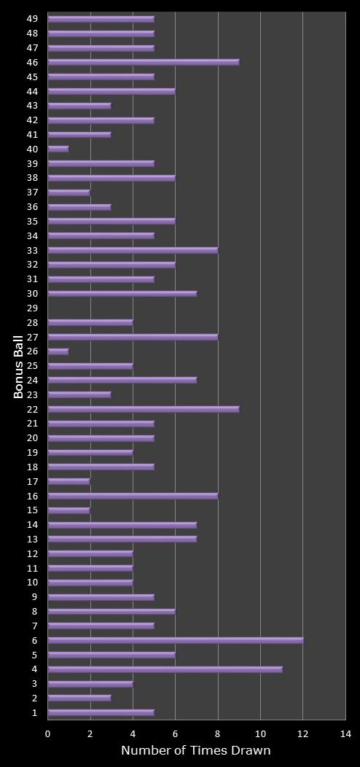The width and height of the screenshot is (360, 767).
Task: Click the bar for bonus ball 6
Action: [x=175, y=640]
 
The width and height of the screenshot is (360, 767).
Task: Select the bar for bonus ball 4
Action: [x=165, y=669]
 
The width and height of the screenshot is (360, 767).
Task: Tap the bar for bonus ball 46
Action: [x=144, y=62]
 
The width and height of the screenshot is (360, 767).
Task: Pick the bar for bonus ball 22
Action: [x=144, y=409]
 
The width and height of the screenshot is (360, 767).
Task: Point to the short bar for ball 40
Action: [x=58, y=149]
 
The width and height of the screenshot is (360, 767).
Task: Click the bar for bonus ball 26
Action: [x=58, y=351]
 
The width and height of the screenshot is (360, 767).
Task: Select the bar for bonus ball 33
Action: [x=133, y=250]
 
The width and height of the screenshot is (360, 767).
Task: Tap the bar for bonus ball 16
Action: [x=133, y=496]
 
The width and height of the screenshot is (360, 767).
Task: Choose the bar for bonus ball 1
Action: [x=101, y=712]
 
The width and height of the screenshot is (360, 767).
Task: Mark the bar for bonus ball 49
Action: [x=101, y=19]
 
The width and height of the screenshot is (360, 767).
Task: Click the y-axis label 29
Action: [x=33, y=308]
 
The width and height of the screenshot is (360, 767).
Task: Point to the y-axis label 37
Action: [x=33, y=192]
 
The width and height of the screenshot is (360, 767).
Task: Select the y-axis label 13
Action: [x=33, y=540]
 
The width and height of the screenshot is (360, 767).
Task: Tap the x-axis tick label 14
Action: [x=345, y=733]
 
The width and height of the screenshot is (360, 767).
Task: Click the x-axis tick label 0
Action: [x=48, y=733]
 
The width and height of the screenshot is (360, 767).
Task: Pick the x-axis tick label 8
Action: [x=218, y=733]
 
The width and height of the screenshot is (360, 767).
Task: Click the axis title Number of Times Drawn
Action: [x=195, y=750]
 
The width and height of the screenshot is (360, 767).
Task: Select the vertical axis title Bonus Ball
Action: [x=18, y=366]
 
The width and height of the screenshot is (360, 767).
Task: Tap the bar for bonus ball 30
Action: [x=122, y=294]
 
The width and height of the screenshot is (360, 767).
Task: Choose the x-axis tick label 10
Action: [x=260, y=733]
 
